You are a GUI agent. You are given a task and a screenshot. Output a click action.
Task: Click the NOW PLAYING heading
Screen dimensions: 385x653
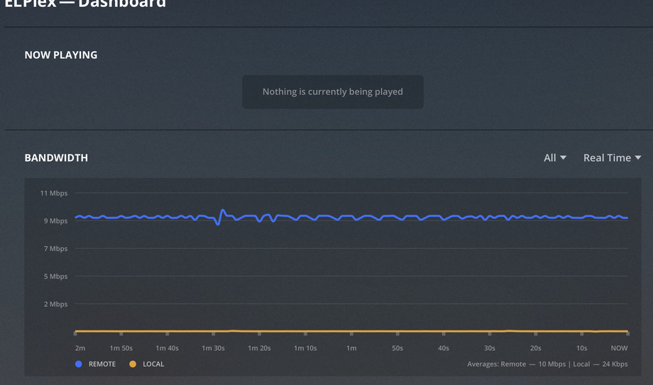[x=61, y=55]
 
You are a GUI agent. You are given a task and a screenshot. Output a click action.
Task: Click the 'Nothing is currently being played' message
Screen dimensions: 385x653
[x=332, y=92]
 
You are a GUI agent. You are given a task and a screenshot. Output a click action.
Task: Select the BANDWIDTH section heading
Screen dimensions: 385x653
[x=56, y=158]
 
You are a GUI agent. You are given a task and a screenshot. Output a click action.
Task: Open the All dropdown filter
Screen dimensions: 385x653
[x=554, y=158]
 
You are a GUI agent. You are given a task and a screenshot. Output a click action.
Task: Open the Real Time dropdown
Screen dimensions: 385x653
[x=612, y=158]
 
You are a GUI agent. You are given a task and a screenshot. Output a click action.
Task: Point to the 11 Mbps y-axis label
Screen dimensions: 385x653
[x=54, y=194]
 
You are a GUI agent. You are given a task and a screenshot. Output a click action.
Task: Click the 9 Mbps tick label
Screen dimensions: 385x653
[x=56, y=221]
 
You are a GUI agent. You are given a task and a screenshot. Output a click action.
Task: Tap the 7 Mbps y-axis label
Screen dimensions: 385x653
[x=56, y=249]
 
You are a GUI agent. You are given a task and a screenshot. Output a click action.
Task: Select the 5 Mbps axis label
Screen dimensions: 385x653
[x=56, y=277]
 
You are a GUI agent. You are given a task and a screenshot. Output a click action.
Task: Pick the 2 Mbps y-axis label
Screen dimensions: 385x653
[x=56, y=304]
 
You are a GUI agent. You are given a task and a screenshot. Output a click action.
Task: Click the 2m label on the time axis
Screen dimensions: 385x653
[x=79, y=348]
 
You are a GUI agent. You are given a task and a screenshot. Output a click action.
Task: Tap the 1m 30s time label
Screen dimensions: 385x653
[x=213, y=348]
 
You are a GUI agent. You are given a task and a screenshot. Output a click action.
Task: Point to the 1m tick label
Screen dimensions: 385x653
[x=351, y=348]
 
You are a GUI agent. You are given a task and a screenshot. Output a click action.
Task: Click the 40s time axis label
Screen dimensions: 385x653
[x=444, y=348]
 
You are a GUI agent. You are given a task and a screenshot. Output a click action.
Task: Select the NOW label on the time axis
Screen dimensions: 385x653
[x=619, y=348]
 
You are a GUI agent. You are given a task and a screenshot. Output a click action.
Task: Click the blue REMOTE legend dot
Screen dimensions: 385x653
[x=79, y=364]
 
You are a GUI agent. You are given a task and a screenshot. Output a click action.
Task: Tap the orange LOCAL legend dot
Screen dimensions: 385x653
[x=133, y=364]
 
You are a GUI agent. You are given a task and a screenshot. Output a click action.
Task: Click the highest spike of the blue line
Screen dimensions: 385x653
[x=223, y=211]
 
